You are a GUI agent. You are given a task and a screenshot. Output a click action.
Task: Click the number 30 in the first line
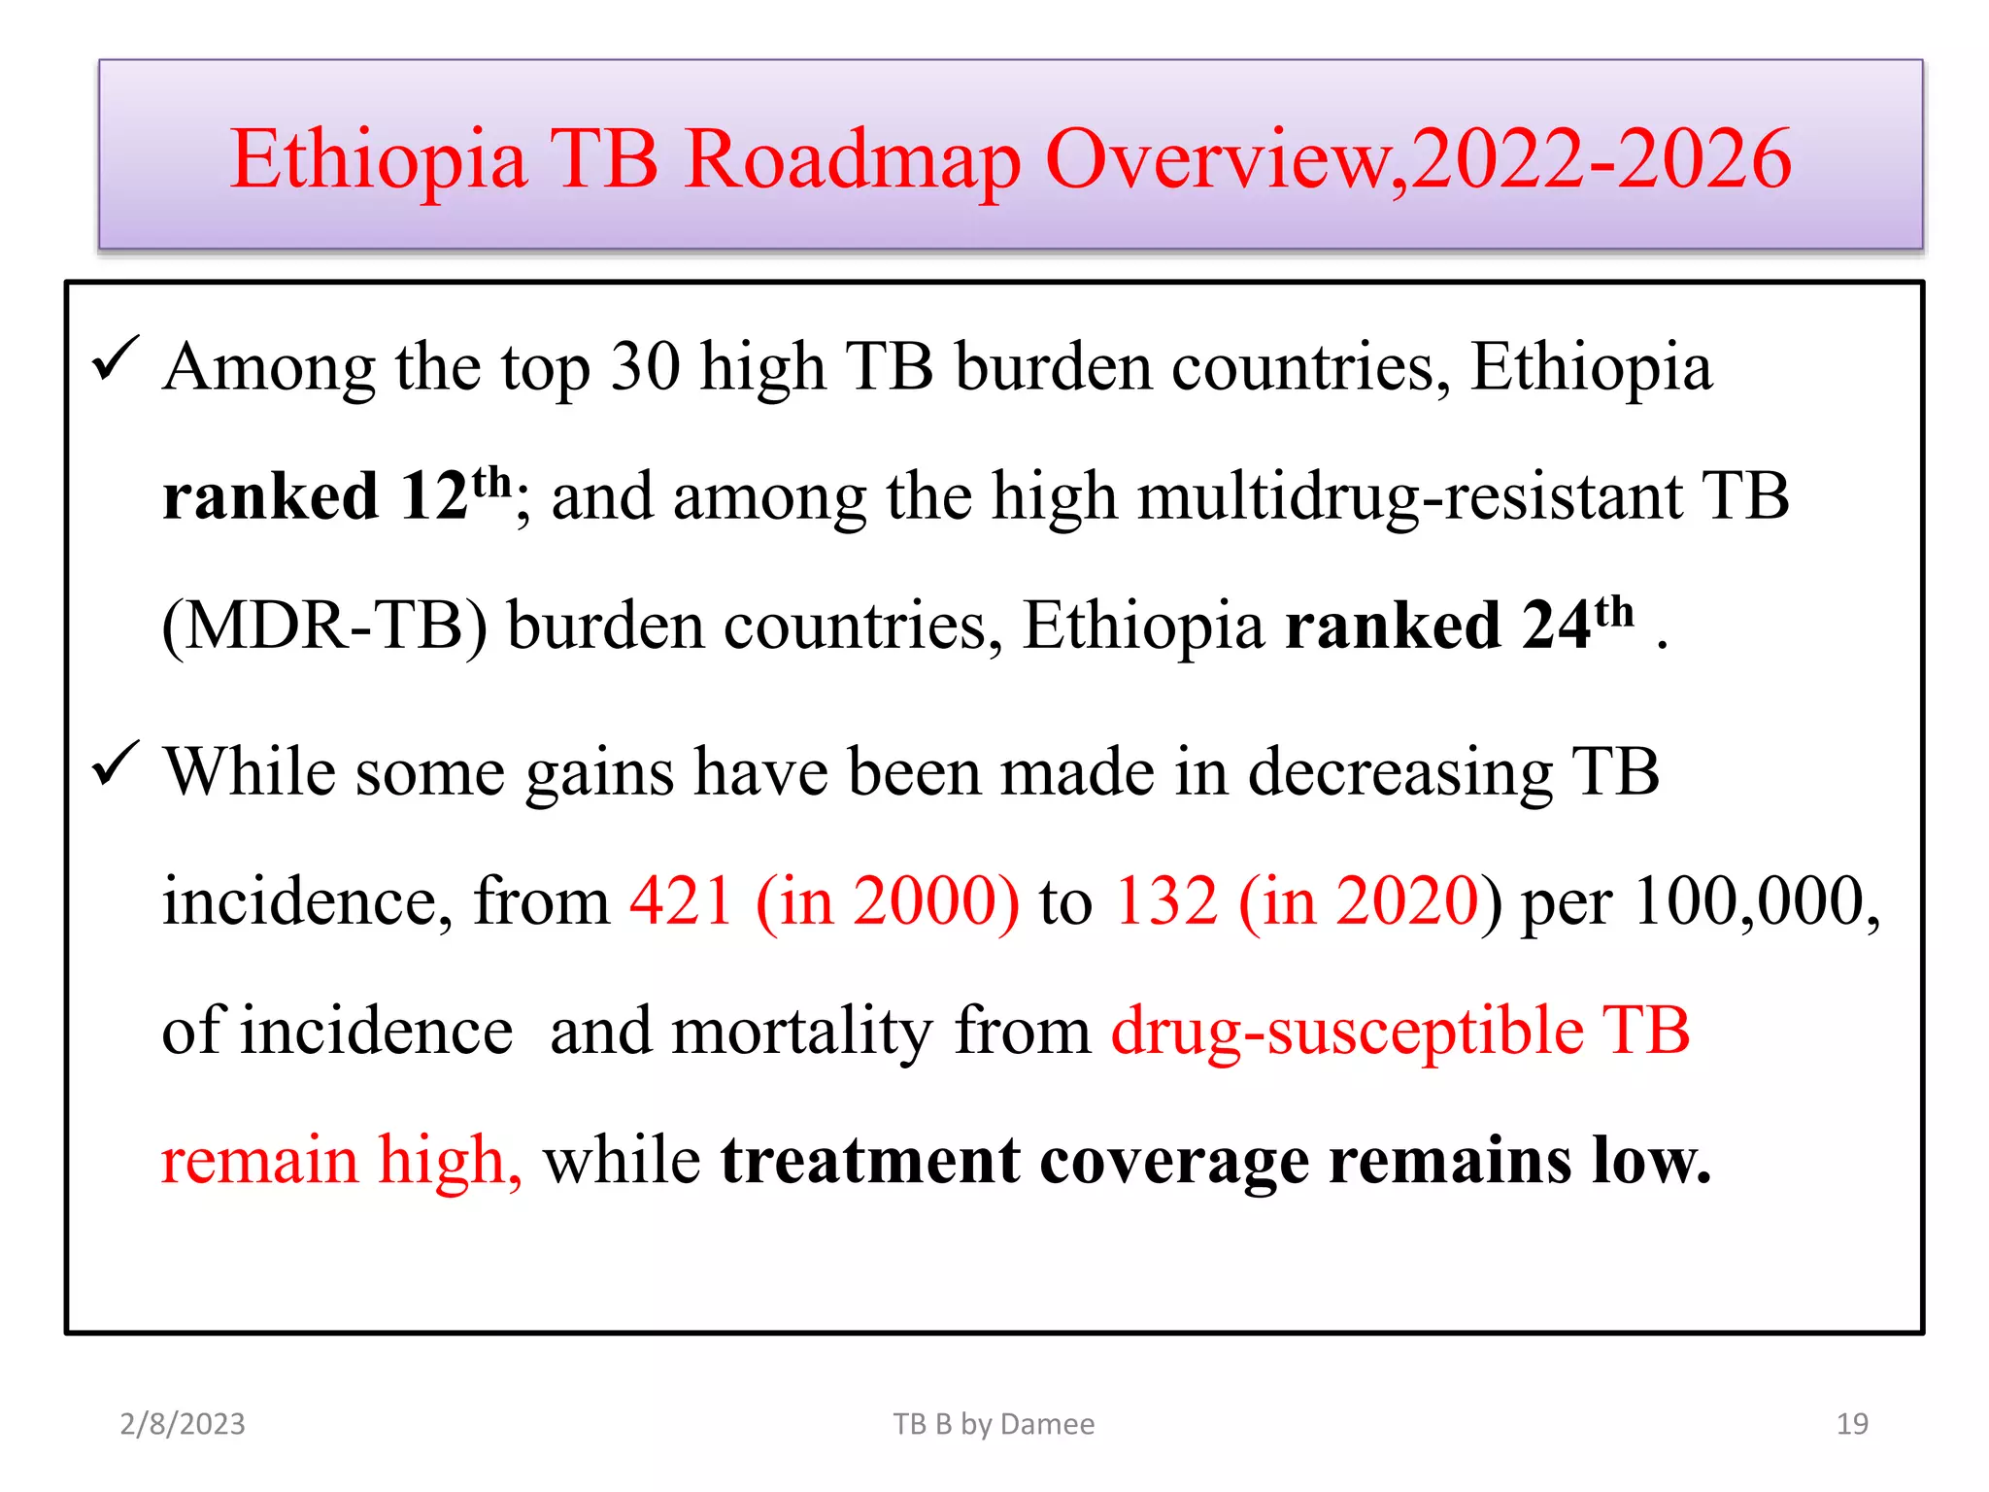(x=645, y=367)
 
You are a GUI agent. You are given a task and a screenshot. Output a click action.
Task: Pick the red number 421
(x=681, y=901)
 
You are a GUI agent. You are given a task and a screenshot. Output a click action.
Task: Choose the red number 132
(x=1164, y=901)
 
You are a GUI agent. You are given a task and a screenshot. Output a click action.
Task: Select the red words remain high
(x=341, y=1160)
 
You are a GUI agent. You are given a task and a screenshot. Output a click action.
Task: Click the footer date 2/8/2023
(x=183, y=1424)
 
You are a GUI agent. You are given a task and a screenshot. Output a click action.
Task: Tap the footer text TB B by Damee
(x=994, y=1424)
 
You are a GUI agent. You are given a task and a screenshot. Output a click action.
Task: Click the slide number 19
(x=1852, y=1424)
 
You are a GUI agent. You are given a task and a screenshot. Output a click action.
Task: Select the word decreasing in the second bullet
(x=1399, y=773)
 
